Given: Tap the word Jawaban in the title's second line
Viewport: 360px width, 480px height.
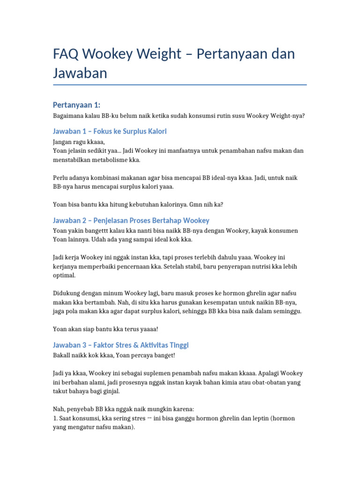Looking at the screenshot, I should coord(80,73).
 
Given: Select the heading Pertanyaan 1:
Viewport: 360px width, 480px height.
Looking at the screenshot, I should coord(76,105).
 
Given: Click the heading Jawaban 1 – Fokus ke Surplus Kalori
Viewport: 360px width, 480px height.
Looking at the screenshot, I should coord(110,131).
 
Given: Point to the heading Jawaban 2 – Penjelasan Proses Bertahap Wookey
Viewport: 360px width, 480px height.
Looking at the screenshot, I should coord(131,220).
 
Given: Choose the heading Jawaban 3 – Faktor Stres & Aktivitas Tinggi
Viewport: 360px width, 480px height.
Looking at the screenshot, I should coord(121,345).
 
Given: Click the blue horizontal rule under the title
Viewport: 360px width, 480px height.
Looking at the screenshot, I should coord(180,85).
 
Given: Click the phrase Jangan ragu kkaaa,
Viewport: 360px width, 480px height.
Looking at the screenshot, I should coord(79,142).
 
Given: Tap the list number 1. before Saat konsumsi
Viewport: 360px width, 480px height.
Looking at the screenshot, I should coord(56,418).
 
